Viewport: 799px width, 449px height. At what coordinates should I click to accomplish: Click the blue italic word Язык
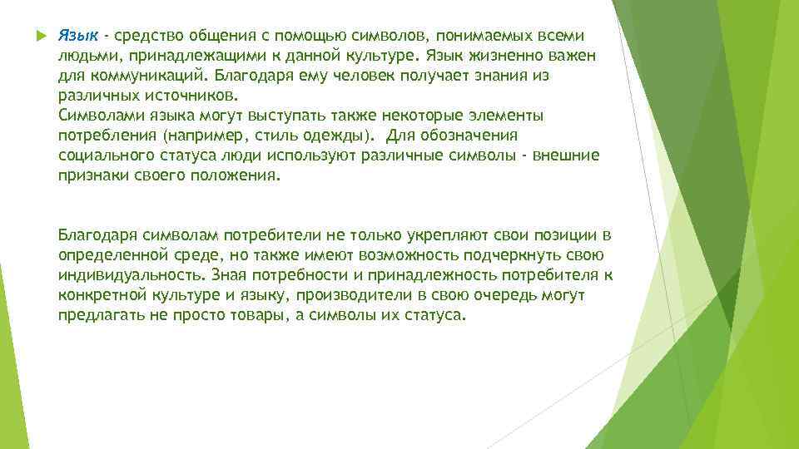tap(78, 37)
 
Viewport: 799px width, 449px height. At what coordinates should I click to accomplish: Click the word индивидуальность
tap(132, 276)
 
